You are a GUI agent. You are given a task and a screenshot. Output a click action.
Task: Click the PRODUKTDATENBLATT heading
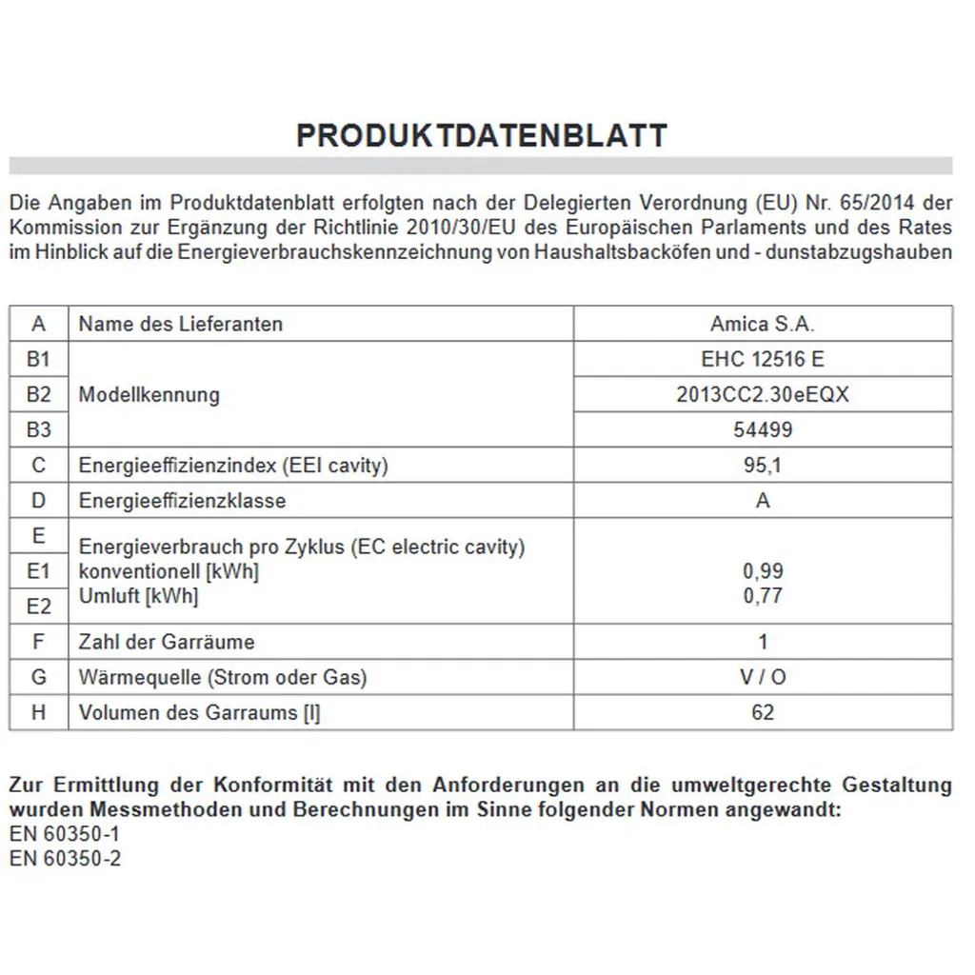[x=481, y=135]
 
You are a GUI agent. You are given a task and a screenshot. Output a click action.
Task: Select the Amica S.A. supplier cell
[x=762, y=324]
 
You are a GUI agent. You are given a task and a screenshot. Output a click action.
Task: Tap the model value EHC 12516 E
[x=762, y=359]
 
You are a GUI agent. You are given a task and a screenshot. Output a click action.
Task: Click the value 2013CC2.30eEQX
[x=762, y=394]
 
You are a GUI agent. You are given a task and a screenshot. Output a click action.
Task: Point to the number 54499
[x=762, y=429]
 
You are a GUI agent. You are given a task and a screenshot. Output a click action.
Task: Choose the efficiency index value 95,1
[x=762, y=466]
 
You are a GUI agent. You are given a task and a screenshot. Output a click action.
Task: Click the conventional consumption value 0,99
[x=762, y=571]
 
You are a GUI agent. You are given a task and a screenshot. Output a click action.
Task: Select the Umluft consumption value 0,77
[x=762, y=596]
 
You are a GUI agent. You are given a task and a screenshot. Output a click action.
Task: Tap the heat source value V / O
[x=762, y=677]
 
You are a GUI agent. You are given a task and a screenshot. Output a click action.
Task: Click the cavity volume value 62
[x=762, y=712]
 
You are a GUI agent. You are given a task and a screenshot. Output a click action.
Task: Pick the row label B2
[x=39, y=394]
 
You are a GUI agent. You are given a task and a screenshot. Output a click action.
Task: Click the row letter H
[x=39, y=712]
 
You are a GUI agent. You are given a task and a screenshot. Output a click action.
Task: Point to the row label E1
[x=39, y=571]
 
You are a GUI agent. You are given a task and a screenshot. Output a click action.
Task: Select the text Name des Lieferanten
[x=181, y=324]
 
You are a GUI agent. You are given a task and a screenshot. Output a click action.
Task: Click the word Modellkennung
[x=149, y=394]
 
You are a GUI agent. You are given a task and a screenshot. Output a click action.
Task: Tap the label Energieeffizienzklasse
[x=182, y=501]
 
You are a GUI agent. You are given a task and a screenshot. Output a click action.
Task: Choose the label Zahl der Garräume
[x=167, y=642]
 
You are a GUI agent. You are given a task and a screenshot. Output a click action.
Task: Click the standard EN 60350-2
[x=65, y=858]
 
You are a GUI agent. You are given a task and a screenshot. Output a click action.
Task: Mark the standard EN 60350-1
[x=65, y=834]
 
